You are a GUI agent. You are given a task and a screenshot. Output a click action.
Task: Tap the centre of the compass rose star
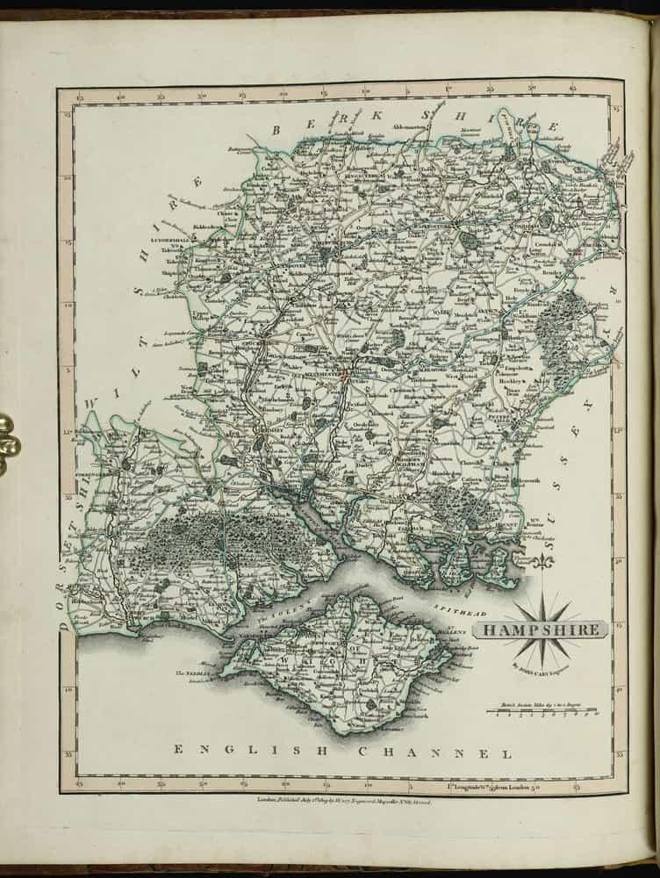point(542,629)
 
